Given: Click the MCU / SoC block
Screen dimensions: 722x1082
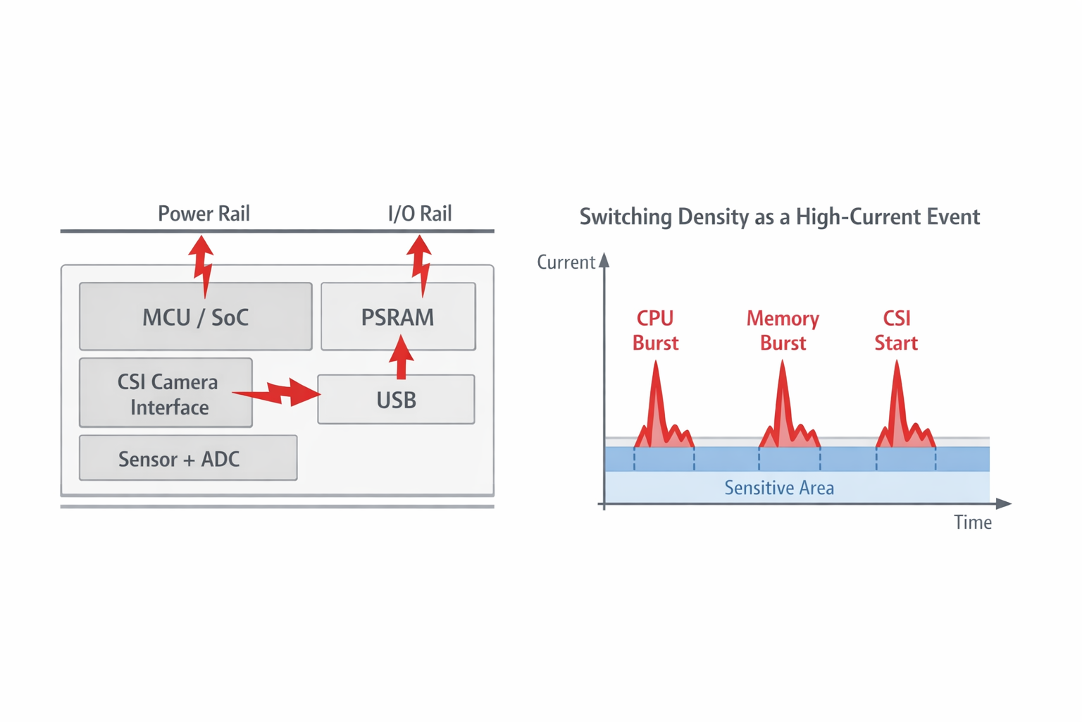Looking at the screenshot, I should coord(195,317).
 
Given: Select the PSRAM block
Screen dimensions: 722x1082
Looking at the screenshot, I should coord(398,317).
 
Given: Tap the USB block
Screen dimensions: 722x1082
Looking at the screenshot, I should coord(396,400).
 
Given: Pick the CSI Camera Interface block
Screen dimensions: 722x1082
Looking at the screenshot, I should coord(166,393).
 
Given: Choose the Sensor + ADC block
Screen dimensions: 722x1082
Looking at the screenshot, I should coord(187,458).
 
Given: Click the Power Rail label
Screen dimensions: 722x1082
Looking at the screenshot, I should coord(204,214).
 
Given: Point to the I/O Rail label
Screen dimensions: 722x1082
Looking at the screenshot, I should coord(420,214).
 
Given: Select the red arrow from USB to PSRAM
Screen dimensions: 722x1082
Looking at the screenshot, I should coord(402,357).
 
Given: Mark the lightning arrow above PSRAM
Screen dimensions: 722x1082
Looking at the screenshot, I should coord(421,265).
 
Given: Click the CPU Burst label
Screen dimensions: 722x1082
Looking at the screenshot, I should coord(655,331).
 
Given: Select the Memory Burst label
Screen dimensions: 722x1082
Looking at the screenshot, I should coord(783,331).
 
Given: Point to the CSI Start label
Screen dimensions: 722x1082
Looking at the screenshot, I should coord(896,331).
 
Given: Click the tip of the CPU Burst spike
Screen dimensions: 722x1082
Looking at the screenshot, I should coord(656,362).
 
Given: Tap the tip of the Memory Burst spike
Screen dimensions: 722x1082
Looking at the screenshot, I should coord(782,362).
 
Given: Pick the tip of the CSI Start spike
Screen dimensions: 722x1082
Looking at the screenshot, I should coord(897,362).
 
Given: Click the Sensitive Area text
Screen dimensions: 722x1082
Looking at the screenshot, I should coord(779,488).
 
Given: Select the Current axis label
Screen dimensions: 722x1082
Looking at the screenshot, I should coord(566,262).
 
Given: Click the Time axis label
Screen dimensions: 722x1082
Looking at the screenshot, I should coord(972,522).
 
